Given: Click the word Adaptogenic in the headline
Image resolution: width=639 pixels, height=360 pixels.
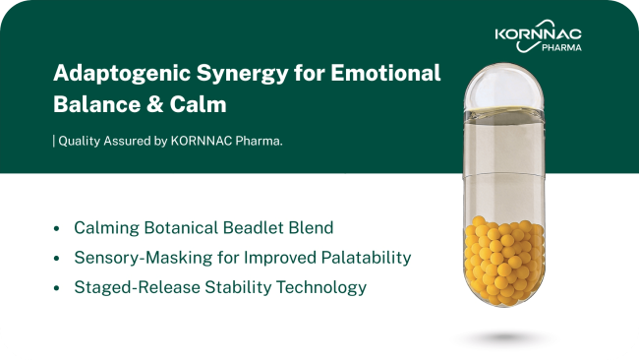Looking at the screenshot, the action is coord(122,74).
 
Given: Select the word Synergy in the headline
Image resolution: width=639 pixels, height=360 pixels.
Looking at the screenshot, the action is coord(243,74).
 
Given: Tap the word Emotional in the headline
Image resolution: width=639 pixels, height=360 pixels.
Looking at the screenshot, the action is coord(385,73).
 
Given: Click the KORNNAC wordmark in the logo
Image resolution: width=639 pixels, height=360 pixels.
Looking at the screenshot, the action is coord(539,33).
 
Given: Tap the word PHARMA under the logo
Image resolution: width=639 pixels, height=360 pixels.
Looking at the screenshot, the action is coord(561,47).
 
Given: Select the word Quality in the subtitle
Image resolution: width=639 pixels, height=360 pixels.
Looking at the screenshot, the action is coord(80,141).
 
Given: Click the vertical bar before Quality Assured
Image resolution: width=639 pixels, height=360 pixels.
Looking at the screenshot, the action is coord(54,141).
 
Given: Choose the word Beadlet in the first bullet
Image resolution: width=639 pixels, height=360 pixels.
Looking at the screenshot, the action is coord(254,227).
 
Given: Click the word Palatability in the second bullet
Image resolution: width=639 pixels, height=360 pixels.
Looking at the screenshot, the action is coord(366,258).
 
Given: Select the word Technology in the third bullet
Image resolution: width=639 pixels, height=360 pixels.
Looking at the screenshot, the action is coord(321,287).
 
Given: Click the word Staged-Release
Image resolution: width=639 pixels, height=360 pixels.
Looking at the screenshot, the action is coord(137,287).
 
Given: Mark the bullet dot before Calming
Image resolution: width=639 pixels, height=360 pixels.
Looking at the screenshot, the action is coord(57,228).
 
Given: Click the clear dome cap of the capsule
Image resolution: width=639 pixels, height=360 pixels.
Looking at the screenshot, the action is coord(504,87).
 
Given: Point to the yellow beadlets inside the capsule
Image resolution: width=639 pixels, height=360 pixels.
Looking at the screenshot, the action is coord(504,261).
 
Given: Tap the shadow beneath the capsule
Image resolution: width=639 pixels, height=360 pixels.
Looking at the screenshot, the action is coord(504,337).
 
